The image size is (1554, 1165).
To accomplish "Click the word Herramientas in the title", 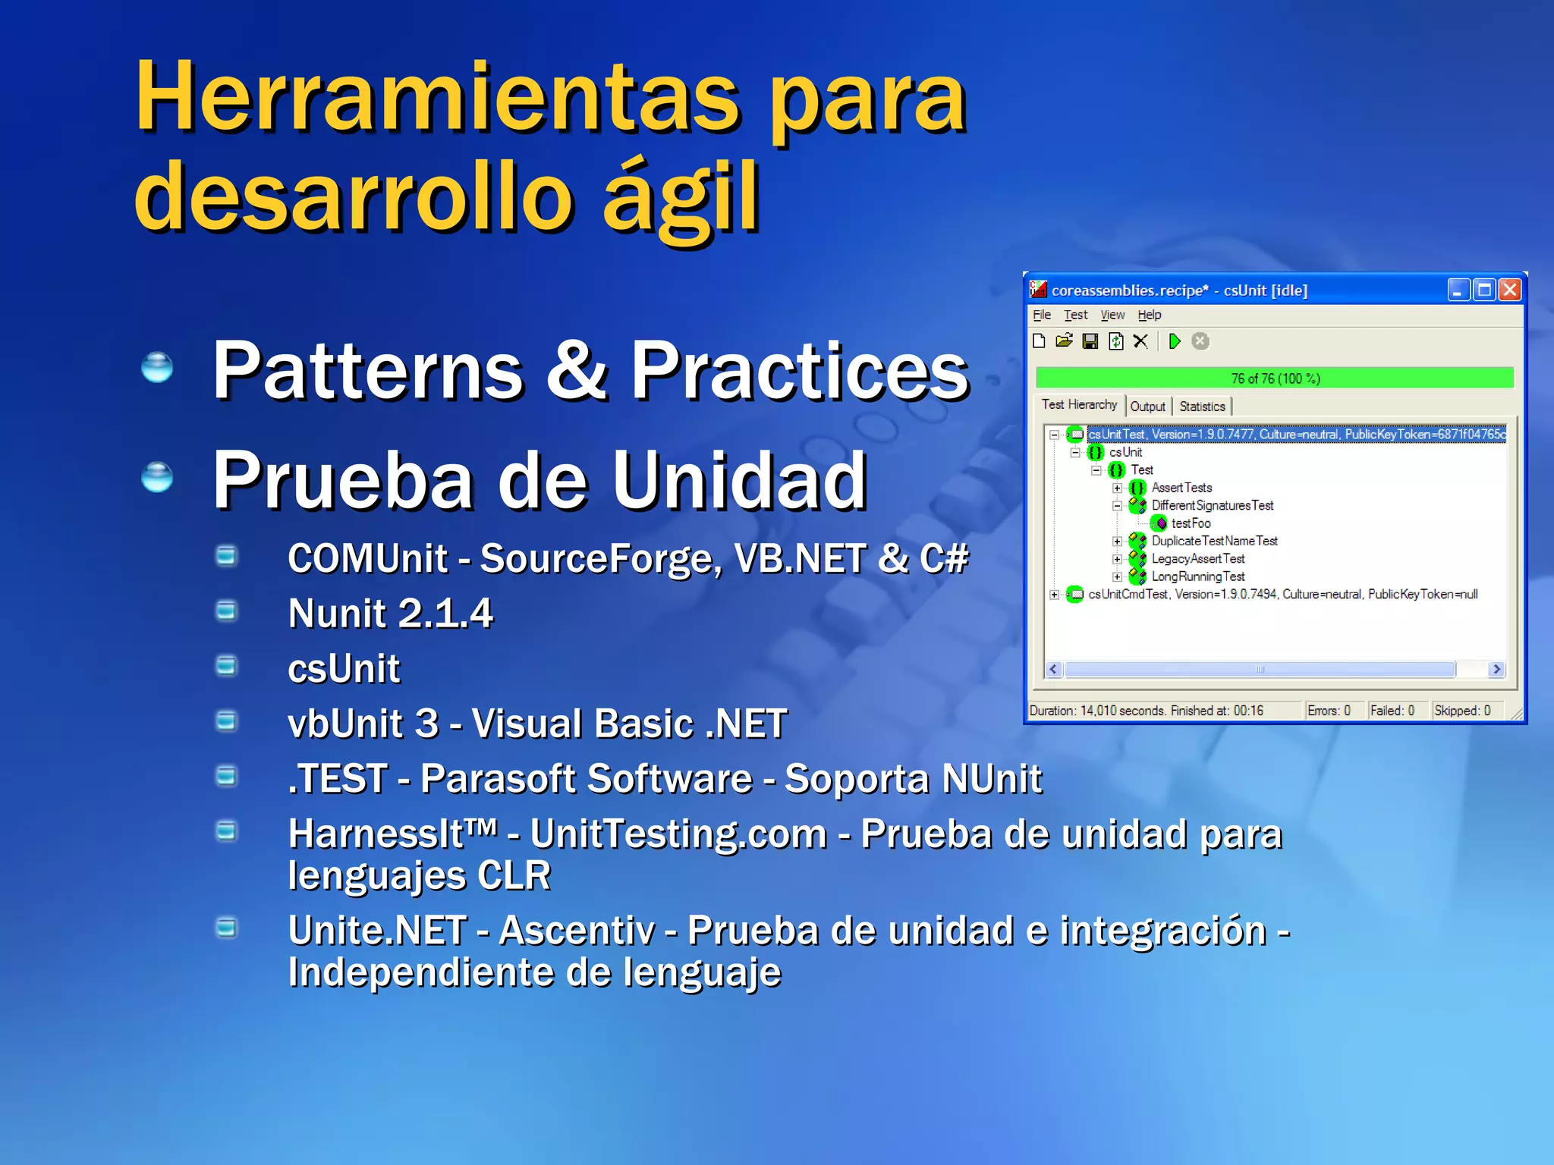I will click(437, 99).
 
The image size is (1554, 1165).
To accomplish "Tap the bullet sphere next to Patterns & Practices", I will click(157, 368).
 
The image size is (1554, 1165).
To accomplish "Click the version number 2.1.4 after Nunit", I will click(445, 614).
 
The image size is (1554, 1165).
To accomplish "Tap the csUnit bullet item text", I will click(344, 669).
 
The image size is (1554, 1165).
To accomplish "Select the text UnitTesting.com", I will click(678, 834).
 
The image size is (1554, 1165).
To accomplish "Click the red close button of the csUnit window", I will click(1510, 290).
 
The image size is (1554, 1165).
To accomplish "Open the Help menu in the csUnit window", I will click(1149, 315).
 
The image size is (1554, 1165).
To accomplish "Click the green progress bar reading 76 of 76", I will click(1275, 378).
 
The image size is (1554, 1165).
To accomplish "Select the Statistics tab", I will click(1202, 407).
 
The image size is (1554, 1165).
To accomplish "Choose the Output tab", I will click(1147, 407).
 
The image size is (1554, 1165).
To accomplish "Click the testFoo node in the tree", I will click(1190, 523).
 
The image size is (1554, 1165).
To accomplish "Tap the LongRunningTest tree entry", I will click(1197, 576).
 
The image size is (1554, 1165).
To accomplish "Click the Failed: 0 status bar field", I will click(1392, 711).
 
